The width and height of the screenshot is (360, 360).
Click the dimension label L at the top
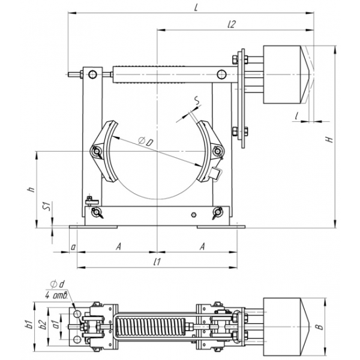196,8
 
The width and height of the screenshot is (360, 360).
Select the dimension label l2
232,24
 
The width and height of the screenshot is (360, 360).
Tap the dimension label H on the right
329,139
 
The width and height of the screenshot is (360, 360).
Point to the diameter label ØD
146,141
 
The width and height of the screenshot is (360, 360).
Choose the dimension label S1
48,206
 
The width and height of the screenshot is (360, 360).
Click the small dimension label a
73,247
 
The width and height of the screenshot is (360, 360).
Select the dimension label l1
157,262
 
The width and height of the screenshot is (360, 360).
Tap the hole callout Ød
58,284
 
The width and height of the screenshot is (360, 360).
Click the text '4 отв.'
56,295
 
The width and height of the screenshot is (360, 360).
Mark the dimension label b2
43,325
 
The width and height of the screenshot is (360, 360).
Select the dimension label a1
55,325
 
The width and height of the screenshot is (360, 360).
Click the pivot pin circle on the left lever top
92,74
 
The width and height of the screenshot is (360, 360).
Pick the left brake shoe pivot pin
95,151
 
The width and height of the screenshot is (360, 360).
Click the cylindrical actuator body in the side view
282,74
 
